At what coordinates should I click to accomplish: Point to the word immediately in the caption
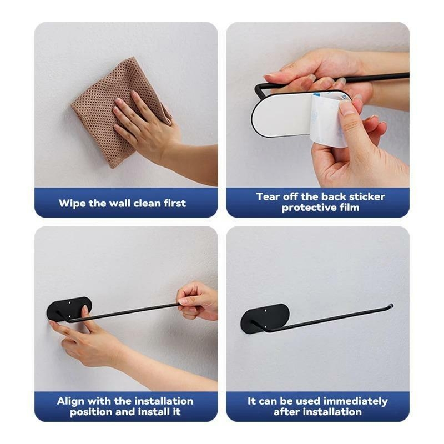pyautogui.click(x=355, y=401)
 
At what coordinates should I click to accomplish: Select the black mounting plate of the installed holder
pyautogui.click(x=265, y=318)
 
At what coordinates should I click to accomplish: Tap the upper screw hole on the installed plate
pyautogui.click(x=266, y=311)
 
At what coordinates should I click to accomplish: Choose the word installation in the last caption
pyautogui.click(x=336, y=411)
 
